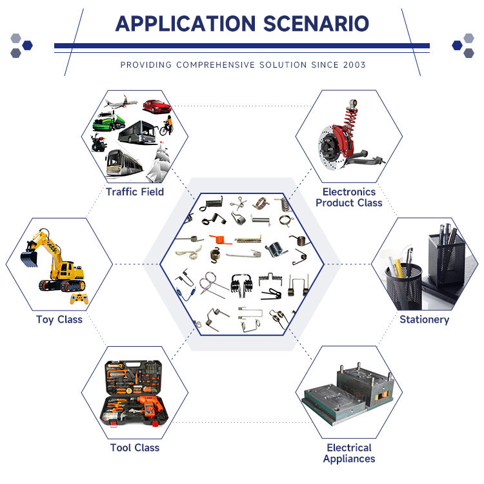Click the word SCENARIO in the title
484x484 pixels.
pos(316,23)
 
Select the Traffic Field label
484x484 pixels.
pos(135,191)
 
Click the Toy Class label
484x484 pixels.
pos(59,319)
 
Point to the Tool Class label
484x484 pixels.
pos(135,447)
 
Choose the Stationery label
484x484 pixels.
pos(424,319)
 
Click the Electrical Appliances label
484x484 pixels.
pos(349,453)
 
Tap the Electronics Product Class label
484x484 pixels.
pos(349,197)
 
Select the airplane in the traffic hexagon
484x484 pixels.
pos(117,102)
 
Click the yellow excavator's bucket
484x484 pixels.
pos(28,259)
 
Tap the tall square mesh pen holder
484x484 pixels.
pos(445,258)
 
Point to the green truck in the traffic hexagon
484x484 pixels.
pos(106,121)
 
